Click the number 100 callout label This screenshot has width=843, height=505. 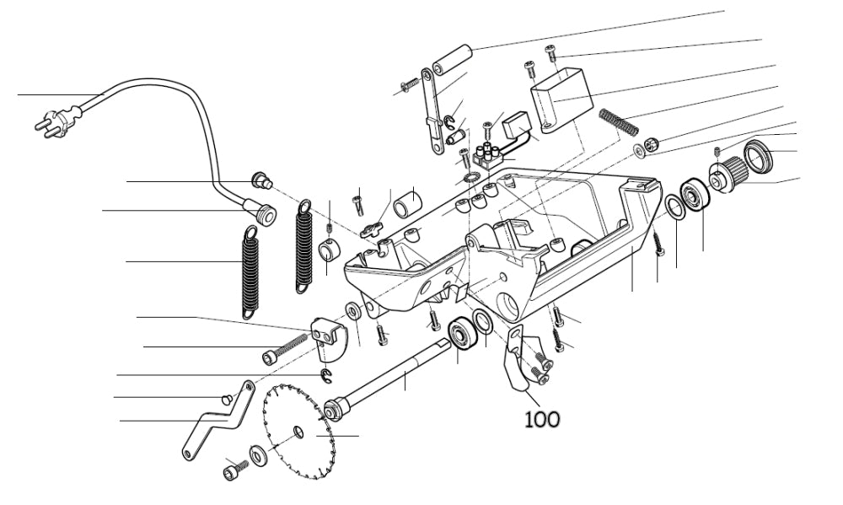[x=542, y=417]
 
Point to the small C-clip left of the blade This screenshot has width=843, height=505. [x=324, y=374]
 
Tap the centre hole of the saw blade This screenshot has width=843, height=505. [x=298, y=432]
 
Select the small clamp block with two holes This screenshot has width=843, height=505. [x=329, y=336]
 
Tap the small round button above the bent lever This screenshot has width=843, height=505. [x=225, y=398]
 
